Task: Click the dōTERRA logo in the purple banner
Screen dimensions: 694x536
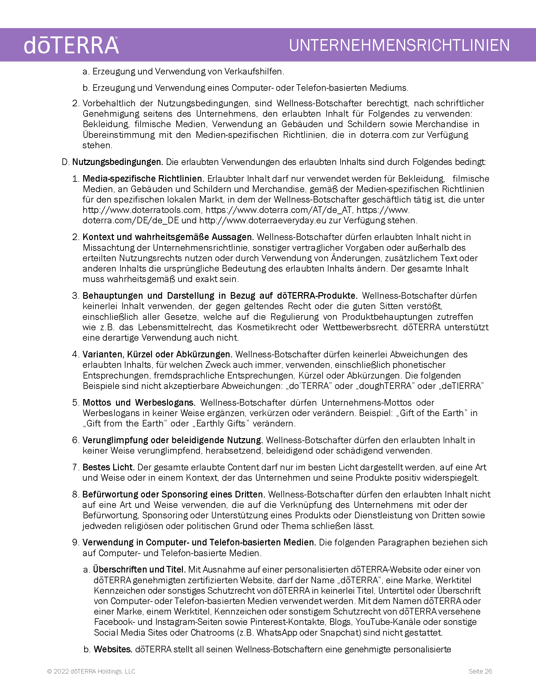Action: [x=71, y=45]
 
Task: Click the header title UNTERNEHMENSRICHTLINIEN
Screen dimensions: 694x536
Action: [x=399, y=45]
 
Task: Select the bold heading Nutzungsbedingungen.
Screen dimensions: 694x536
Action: [x=118, y=162]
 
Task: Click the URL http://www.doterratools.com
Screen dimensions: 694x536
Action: [x=142, y=210]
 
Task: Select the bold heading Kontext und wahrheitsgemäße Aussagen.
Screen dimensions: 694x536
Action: [x=168, y=237]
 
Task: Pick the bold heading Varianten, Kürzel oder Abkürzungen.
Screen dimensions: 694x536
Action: [x=158, y=354]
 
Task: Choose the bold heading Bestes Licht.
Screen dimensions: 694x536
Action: [x=108, y=468]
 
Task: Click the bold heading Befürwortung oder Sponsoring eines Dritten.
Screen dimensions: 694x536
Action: [x=173, y=494]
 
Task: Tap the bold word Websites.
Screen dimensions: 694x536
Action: [x=113, y=649]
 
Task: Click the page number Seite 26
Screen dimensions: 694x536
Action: [x=480, y=671]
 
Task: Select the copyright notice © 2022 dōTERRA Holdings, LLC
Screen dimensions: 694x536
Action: [x=91, y=671]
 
